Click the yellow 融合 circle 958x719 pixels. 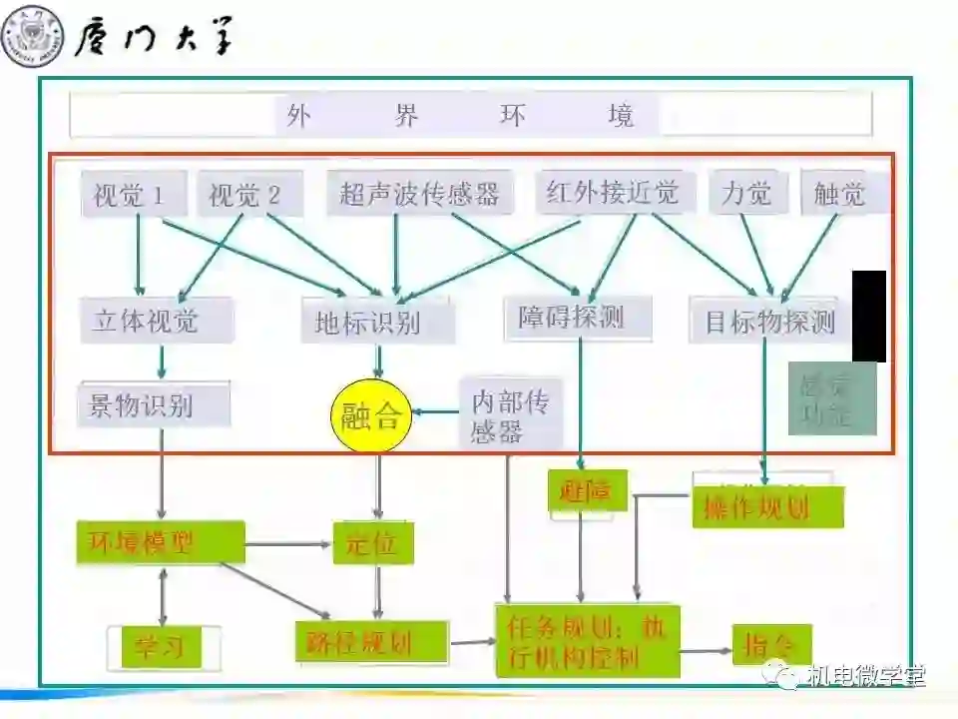371,414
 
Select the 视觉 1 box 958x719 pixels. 133,194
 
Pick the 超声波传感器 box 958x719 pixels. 419,193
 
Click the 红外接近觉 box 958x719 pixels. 613,191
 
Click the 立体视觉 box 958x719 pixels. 157,321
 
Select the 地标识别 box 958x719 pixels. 377,322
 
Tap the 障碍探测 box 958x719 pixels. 578,318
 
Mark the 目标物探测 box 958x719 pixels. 768,322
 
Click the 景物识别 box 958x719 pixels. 153,405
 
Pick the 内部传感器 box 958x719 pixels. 511,415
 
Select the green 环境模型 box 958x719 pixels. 160,542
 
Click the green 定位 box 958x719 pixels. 372,543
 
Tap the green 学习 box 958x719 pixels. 161,646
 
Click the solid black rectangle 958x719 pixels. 868,316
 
